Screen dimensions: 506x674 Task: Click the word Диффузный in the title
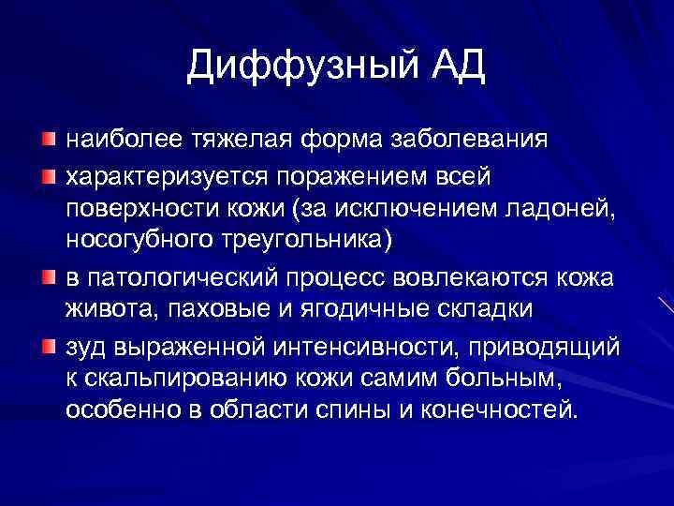click(302, 67)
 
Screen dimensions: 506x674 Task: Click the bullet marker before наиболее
click(48, 140)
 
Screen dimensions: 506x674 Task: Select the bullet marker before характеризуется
click(48, 175)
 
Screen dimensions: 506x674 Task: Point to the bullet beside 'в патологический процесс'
click(48, 278)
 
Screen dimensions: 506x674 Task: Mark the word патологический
click(183, 279)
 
